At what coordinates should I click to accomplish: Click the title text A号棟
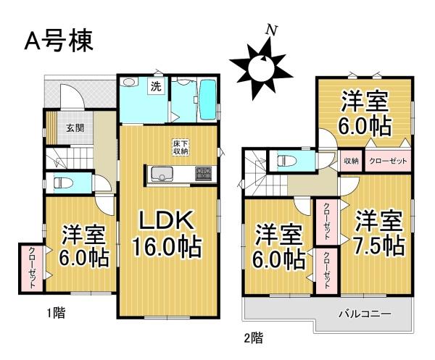click(59, 41)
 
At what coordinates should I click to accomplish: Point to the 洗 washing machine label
click(155, 87)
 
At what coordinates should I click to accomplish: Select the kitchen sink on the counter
click(159, 175)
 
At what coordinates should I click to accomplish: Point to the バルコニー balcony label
click(365, 314)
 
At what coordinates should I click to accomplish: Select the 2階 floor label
click(253, 337)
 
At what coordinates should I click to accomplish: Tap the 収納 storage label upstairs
click(352, 161)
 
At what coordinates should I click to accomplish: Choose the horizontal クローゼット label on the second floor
click(389, 161)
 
